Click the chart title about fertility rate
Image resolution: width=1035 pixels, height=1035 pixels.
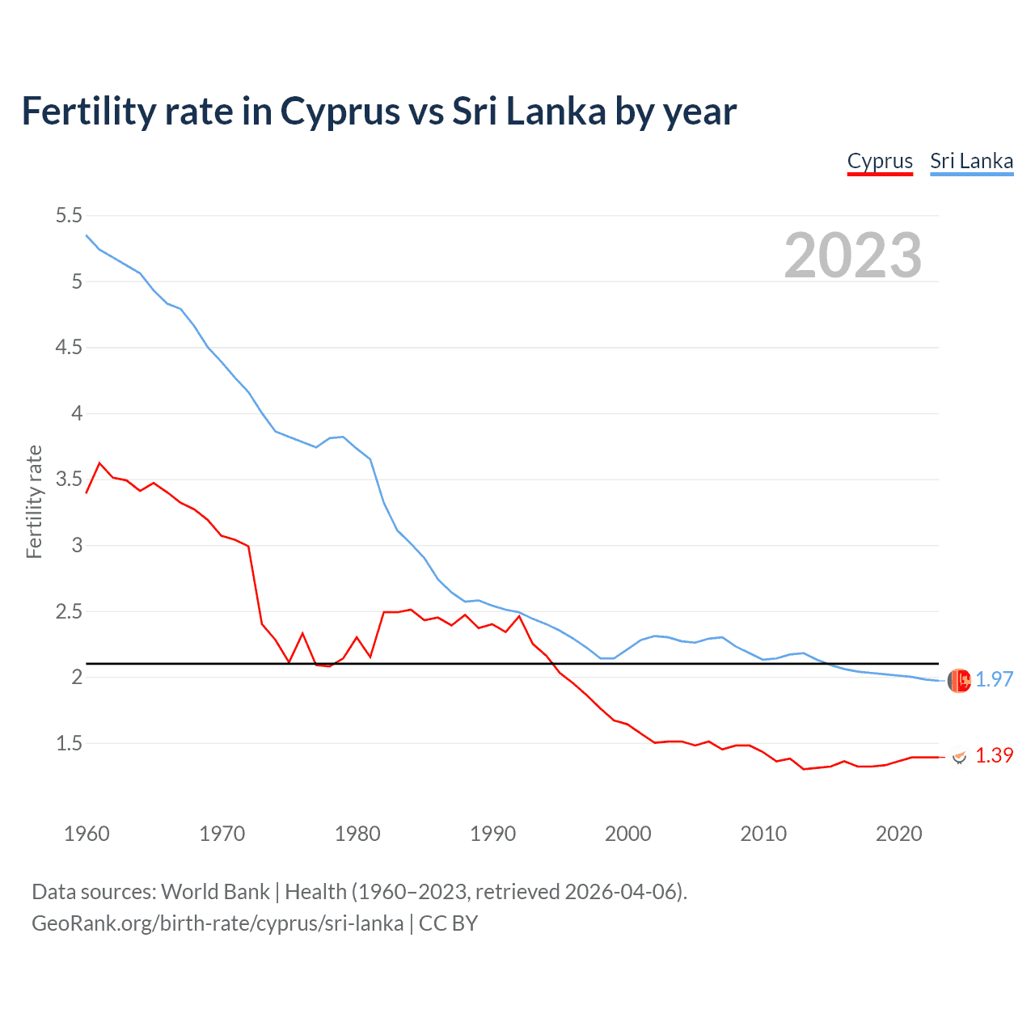pos(378,112)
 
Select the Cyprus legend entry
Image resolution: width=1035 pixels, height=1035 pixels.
pos(880,161)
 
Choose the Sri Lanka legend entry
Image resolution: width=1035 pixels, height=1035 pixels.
pos(971,161)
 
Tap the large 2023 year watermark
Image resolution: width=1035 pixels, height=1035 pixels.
pos(852,256)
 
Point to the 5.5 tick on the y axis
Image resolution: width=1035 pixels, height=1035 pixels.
pos(69,215)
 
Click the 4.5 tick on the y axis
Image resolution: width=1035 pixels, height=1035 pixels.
pos(69,347)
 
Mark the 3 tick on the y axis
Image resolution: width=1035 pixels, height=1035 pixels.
pos(77,545)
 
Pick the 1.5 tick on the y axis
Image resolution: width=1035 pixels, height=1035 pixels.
pos(69,743)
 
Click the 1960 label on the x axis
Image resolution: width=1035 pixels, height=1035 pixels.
pos(87,834)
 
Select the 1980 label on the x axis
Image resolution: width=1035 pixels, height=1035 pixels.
pos(357,834)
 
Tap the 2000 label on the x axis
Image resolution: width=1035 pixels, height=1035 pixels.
pos(627,834)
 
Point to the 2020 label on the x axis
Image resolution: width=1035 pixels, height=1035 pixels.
pos(898,834)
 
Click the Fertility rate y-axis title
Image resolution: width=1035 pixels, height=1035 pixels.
pos(34,501)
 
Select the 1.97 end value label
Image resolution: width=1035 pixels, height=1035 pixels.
pos(994,679)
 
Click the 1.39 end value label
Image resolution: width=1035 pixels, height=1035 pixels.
pos(994,755)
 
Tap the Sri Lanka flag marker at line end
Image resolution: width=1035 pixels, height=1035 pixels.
pos(959,681)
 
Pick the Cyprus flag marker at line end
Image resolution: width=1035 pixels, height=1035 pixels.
pos(959,757)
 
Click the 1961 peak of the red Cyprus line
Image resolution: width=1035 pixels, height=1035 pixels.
pos(99,463)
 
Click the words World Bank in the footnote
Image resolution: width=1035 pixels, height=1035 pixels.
pos(215,891)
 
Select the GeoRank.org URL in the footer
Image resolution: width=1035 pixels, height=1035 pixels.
pos(218,923)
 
